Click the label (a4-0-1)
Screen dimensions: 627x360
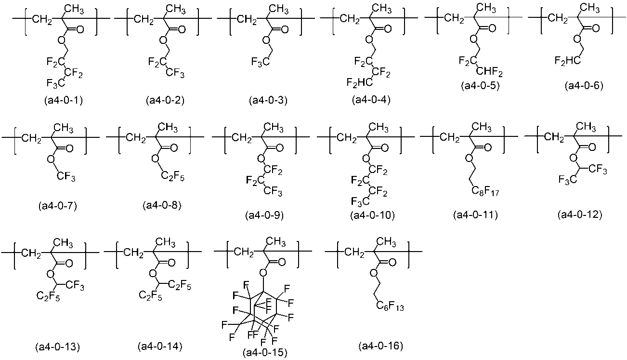click(x=61, y=101)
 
